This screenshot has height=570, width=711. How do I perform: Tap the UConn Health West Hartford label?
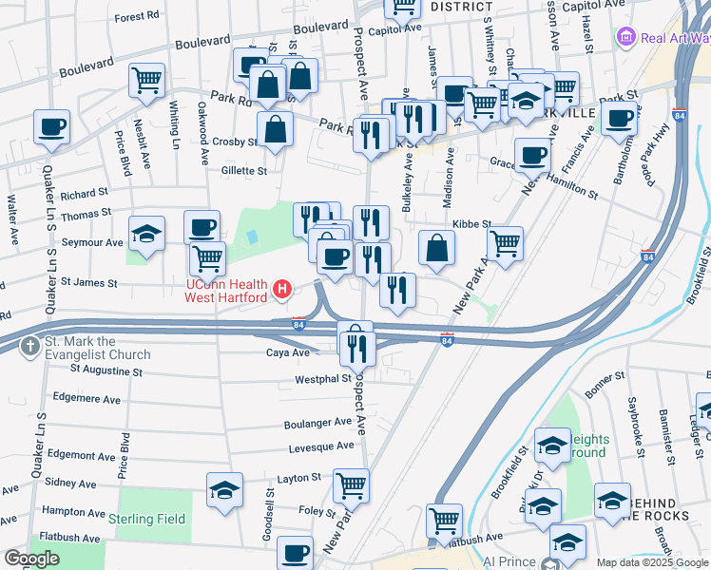click(226, 291)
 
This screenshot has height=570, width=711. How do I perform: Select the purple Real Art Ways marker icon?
click(626, 38)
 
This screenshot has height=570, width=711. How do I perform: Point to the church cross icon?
click(30, 347)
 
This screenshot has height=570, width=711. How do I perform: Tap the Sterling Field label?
click(146, 519)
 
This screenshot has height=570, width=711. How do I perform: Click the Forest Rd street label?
click(136, 17)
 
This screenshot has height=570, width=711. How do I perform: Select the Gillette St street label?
click(244, 171)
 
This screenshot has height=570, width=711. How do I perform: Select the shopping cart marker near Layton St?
click(351, 485)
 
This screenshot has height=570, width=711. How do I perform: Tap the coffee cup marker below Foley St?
click(296, 551)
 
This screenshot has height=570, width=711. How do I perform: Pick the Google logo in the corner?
click(32, 559)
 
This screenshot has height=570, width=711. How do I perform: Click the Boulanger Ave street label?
click(317, 423)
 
